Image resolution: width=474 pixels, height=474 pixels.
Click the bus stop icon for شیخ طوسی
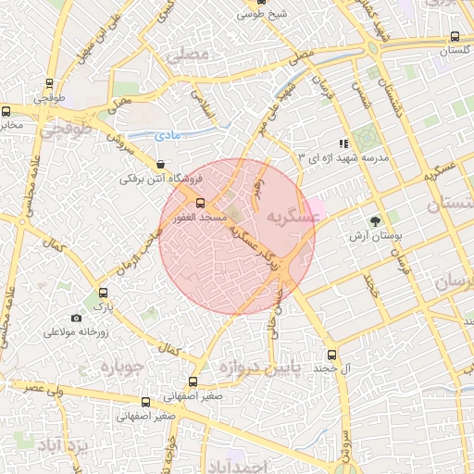coord(262,3)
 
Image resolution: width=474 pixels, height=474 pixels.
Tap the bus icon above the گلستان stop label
coord(454,37)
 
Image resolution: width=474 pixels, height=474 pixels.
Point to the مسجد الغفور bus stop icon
coord(201,202)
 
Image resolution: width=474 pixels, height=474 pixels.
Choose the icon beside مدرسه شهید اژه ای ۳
coord(343,143)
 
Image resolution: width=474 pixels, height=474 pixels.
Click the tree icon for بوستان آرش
coord(374,221)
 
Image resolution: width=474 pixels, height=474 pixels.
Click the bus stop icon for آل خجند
coord(331,355)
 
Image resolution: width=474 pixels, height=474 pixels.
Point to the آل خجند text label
coord(331,368)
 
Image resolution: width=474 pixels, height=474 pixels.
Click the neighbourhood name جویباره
coord(118,367)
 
